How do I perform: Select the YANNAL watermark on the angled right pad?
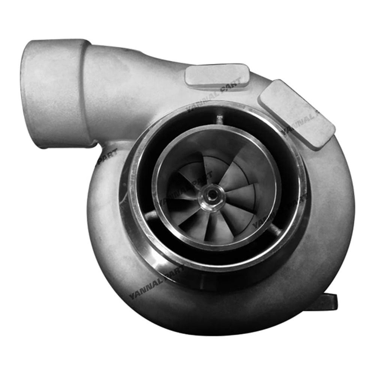[x=300, y=124]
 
